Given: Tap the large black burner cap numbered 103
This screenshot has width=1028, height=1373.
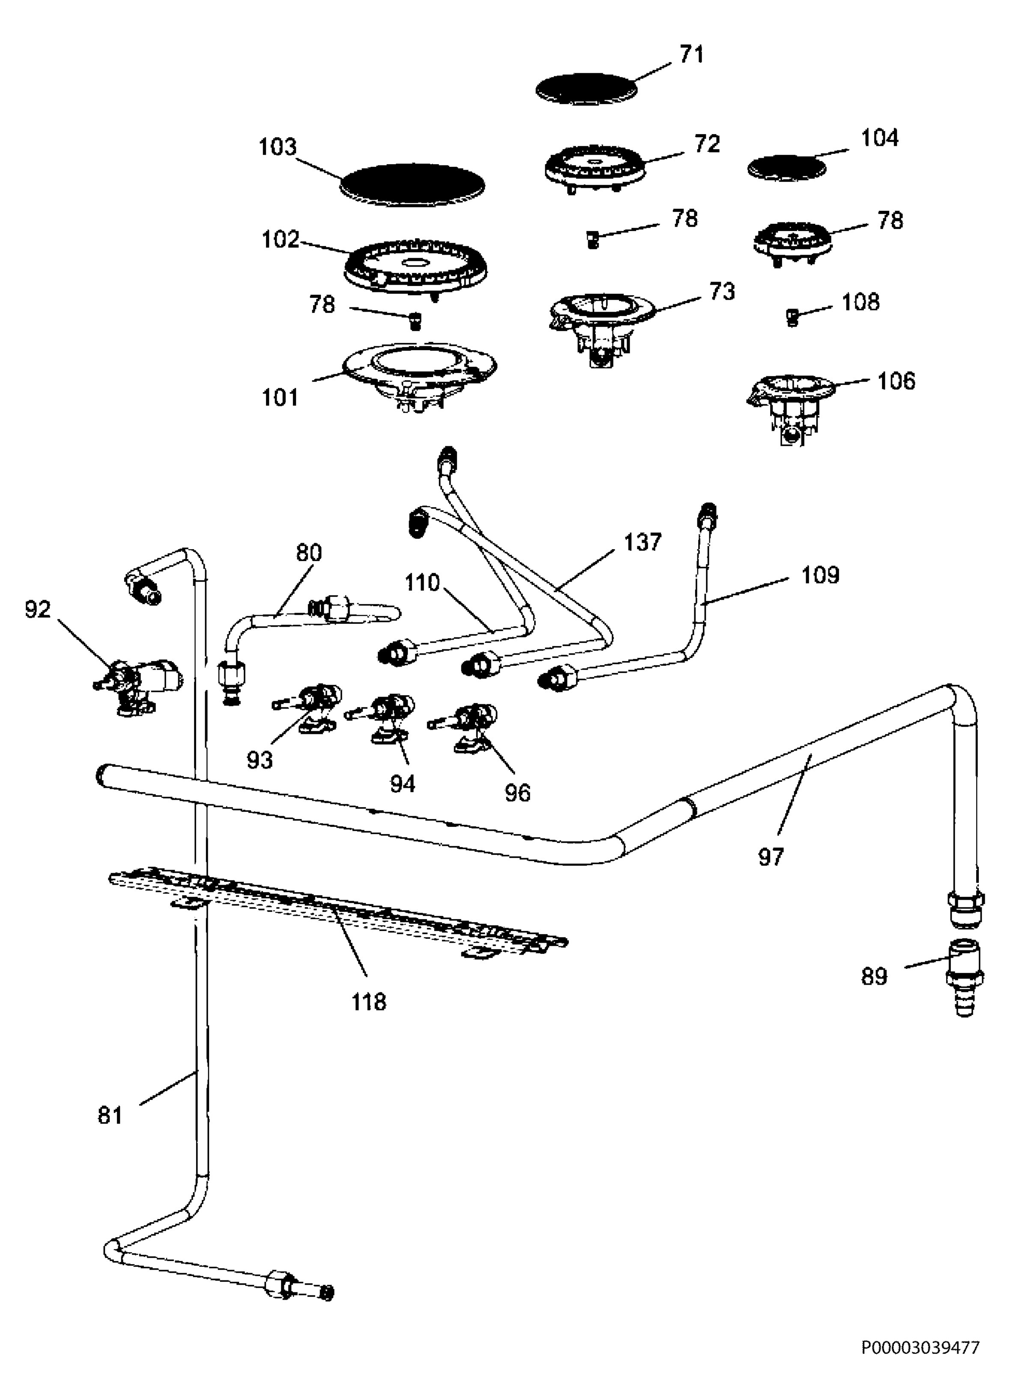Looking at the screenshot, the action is pos(413,185).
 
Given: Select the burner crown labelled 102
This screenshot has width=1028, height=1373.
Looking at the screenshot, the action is pos(415,271).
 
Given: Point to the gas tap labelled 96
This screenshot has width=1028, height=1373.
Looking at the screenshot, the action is pos(465,727).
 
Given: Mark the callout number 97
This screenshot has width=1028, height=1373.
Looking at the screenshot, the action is pos(771,856).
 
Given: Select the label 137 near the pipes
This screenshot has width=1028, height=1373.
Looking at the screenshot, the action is pos(643,542).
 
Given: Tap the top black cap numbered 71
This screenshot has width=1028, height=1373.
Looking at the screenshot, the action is pos(587,89).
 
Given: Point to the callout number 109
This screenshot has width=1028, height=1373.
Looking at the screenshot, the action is pos(820,575).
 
